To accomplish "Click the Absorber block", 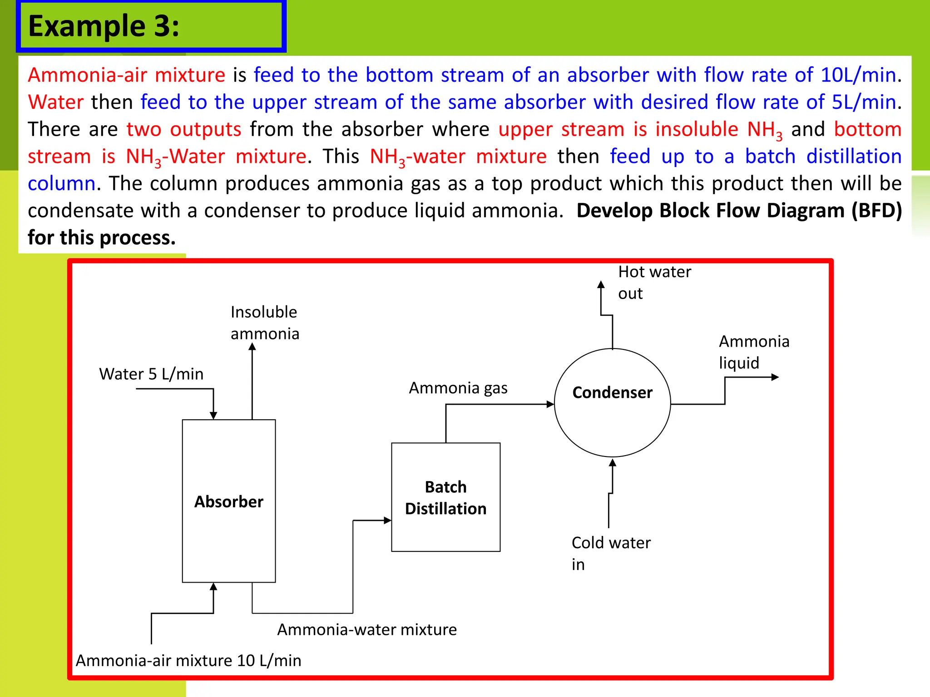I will (228, 501).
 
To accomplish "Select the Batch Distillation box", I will (445, 497).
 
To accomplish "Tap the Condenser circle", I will (612, 402).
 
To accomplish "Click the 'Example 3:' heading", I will (104, 26).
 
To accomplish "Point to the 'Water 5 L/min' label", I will (151, 374).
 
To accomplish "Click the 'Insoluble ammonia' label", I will (265, 323).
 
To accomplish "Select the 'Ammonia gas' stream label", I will (458, 388).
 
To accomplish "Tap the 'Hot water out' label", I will (654, 282).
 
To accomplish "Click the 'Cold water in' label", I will (611, 553).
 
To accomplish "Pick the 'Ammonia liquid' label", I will (754, 352).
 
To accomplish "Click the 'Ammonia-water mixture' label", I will (367, 629).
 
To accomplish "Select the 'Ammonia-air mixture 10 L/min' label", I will (188, 660).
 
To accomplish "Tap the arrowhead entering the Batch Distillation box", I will (387, 520).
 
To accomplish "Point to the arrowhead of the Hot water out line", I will (601, 285).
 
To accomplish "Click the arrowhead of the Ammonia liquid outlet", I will (775, 377).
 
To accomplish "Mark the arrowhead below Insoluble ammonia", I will (252, 347).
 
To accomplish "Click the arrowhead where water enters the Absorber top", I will (213, 415).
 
